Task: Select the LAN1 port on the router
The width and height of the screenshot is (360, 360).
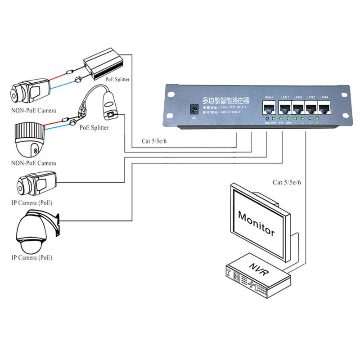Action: [x=285, y=108]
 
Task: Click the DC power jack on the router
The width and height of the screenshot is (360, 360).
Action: [x=194, y=110]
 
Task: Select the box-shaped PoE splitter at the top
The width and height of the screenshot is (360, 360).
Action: [x=103, y=63]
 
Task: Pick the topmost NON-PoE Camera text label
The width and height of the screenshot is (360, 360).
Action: [x=34, y=110]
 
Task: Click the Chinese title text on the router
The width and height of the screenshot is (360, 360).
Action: [x=225, y=100]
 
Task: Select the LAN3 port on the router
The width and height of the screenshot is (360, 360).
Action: [x=311, y=108]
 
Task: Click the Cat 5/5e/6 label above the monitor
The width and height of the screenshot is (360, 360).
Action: [x=287, y=182]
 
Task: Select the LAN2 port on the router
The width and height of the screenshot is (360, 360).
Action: [x=298, y=108]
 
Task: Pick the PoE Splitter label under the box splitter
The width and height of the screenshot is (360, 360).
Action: [x=117, y=80]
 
